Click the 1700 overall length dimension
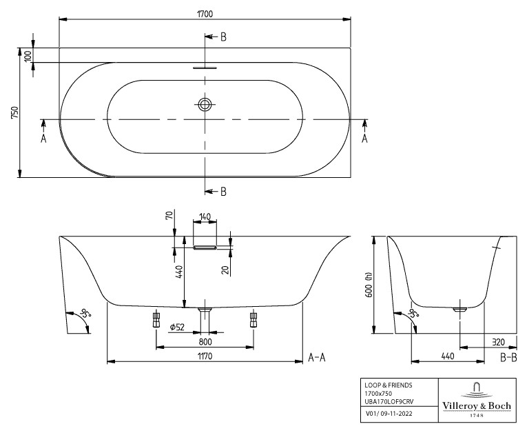tap(205, 14)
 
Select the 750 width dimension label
tap(15, 112)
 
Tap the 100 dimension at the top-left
tap(28, 55)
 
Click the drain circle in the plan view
tap(205, 104)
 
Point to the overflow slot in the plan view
tap(205, 68)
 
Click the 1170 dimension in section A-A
tap(205, 356)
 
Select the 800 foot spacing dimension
tap(205, 342)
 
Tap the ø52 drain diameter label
tap(178, 327)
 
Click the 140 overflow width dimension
tap(205, 216)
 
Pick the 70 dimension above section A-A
tap(169, 214)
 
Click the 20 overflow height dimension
tap(225, 270)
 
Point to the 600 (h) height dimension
tap(369, 284)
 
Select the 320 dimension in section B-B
tap(498, 342)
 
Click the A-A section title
tap(317, 357)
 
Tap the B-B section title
tap(508, 357)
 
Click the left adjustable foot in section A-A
tap(156, 320)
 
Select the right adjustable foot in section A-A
tap(254, 320)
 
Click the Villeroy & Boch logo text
tap(477, 405)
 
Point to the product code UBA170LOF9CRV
tap(389, 401)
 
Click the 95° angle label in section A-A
tap(85, 314)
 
